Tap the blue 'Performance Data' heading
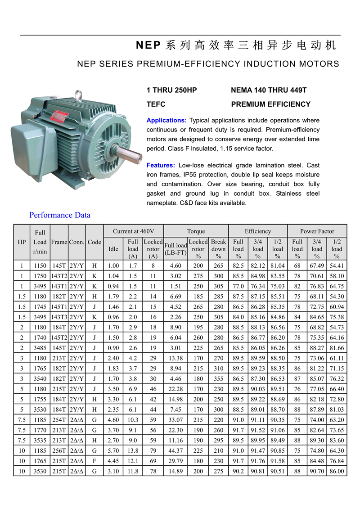point(60,215)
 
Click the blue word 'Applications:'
point(166,121)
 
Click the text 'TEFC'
point(156,104)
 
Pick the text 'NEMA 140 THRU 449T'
point(269,90)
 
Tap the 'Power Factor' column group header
point(317,231)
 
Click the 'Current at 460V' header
point(133,231)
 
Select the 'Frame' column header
point(59,242)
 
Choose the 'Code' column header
point(94,242)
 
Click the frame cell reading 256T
point(59,450)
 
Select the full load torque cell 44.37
point(175,450)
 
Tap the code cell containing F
point(94,461)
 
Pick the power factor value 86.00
point(337,471)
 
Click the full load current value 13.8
point(133,450)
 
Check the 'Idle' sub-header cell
point(114,249)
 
